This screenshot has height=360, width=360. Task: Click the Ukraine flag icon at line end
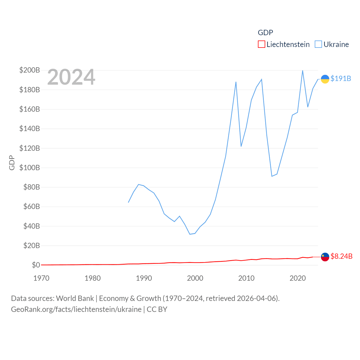pyautogui.click(x=325, y=79)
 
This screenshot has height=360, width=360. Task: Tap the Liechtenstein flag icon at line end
pyautogui.click(x=325, y=257)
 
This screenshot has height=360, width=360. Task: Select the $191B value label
pyautogui.click(x=341, y=78)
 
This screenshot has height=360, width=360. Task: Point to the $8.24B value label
pyautogui.click(x=341, y=256)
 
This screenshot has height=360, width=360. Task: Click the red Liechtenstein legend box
pyautogui.click(x=261, y=44)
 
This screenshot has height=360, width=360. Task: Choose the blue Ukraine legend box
pyautogui.click(x=318, y=44)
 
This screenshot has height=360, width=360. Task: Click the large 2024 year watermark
pyautogui.click(x=71, y=77)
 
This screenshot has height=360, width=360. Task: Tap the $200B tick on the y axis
pyautogui.click(x=30, y=70)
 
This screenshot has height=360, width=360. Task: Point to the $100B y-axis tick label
pyautogui.click(x=30, y=168)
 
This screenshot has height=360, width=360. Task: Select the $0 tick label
pyautogui.click(x=36, y=265)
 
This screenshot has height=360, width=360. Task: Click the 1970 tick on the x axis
pyautogui.click(x=41, y=278)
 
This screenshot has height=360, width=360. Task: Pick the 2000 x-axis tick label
pyautogui.click(x=195, y=278)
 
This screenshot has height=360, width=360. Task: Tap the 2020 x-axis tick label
pyautogui.click(x=298, y=278)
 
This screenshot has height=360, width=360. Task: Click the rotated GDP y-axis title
pyautogui.click(x=12, y=163)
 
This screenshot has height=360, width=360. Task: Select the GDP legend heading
pyautogui.click(x=265, y=33)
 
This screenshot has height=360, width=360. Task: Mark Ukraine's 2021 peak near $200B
pyautogui.click(x=303, y=70)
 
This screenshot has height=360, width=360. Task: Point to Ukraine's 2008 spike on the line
pyautogui.click(x=236, y=82)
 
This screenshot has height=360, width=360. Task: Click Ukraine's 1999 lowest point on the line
pyautogui.click(x=190, y=234)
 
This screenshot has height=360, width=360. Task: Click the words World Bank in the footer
pyautogui.click(x=75, y=298)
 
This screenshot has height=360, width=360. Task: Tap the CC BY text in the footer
pyautogui.click(x=157, y=309)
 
